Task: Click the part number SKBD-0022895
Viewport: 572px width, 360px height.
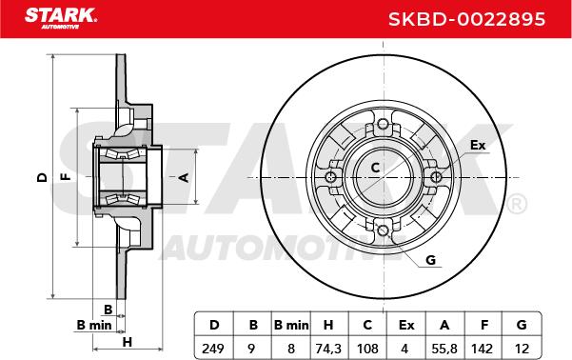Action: coord(466,19)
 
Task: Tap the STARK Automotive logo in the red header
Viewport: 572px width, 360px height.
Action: coord(61,18)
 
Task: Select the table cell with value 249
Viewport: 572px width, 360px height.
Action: coord(213,349)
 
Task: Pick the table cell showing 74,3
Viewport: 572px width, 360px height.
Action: coord(328,349)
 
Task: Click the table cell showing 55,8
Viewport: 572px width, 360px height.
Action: coord(444,349)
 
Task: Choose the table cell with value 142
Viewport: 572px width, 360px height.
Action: coord(483,349)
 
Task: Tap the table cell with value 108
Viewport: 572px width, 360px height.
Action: coord(367,349)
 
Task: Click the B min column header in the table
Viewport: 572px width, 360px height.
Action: coord(291,325)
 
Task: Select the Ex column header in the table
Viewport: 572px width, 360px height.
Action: coord(406,325)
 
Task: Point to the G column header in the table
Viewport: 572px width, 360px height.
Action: coord(522,325)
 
